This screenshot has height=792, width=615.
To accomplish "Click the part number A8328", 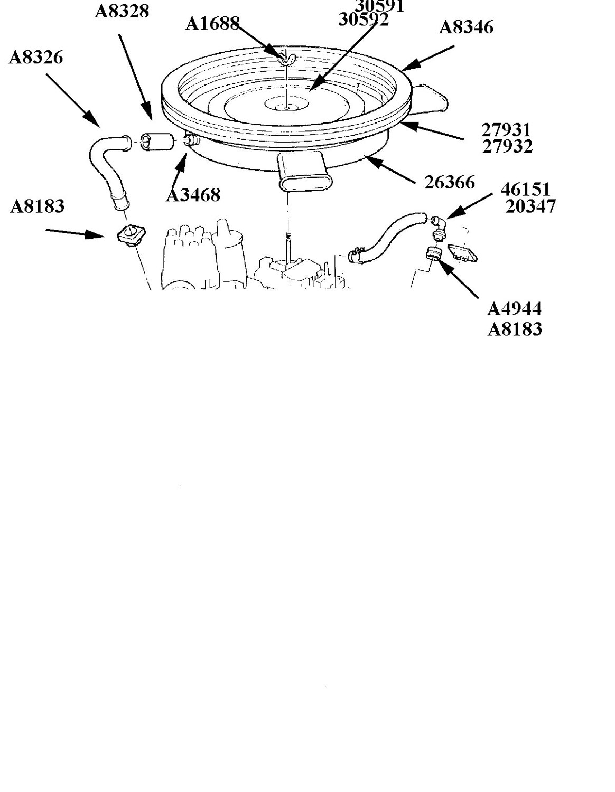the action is tap(122, 12).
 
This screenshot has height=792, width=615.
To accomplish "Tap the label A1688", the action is tap(212, 24).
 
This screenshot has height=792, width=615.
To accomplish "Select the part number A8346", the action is tap(466, 27).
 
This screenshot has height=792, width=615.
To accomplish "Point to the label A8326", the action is tap(36, 58).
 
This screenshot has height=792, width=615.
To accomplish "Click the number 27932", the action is tap(507, 146).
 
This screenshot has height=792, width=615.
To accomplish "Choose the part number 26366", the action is tap(450, 182).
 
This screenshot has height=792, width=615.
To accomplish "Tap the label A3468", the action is tap(193, 195).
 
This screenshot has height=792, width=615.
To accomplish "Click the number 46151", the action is tap(525, 190).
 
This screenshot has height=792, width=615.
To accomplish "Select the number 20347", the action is tap(530, 206).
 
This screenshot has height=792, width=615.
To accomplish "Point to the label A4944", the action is tap(515, 309).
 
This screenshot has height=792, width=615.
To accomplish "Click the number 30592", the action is tap(364, 20).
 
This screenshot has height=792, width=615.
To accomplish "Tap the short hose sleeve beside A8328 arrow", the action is tap(156, 142).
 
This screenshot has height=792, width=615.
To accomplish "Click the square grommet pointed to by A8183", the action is tap(131, 234).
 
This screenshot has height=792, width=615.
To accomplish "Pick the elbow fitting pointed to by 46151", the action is tap(437, 227).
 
